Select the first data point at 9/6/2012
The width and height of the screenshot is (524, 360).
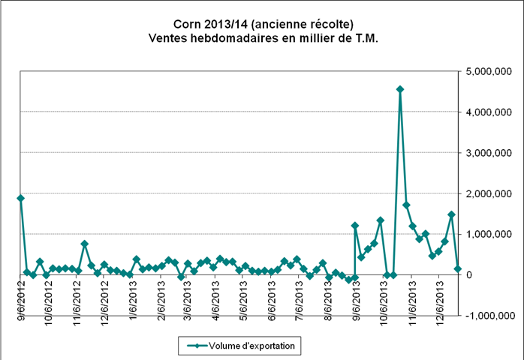tap(20, 198)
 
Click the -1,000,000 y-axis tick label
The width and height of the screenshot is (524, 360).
tap(488, 316)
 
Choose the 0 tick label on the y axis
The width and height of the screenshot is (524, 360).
tap(469, 275)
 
